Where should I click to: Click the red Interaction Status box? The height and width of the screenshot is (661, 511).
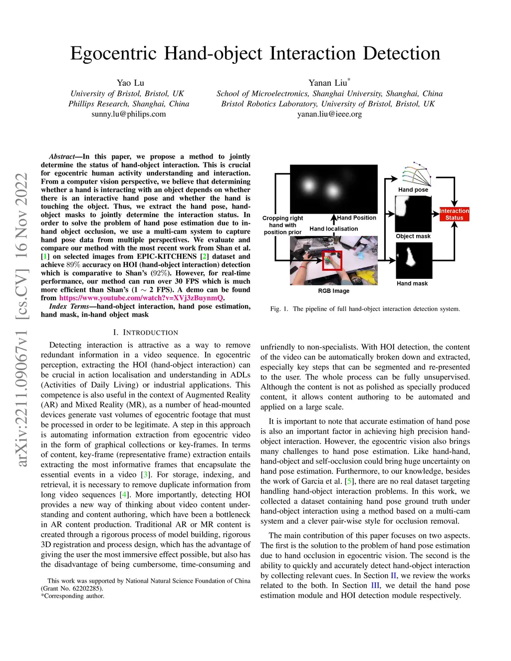(454, 214)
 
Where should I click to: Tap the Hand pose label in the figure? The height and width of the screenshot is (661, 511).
(413, 190)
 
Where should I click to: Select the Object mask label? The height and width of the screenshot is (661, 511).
(413, 236)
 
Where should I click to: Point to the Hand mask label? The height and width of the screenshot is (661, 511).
(412, 283)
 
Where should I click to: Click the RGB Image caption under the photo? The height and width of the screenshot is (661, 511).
(333, 291)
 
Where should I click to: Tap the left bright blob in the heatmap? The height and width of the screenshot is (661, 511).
(308, 186)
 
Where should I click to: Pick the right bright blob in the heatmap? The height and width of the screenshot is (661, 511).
(332, 190)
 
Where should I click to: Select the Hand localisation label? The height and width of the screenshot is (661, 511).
(333, 228)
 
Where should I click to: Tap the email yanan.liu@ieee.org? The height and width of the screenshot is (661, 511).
(329, 114)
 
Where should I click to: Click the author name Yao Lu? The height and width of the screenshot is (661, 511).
(130, 83)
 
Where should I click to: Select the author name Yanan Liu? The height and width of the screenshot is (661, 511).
(327, 83)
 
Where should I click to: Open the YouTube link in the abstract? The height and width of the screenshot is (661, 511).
(141, 298)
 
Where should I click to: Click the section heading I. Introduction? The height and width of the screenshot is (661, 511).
(145, 332)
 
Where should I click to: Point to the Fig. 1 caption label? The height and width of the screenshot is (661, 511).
(279, 309)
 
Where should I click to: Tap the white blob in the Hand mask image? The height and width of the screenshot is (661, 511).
(411, 256)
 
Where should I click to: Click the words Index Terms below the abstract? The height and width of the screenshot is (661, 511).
(69, 306)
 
